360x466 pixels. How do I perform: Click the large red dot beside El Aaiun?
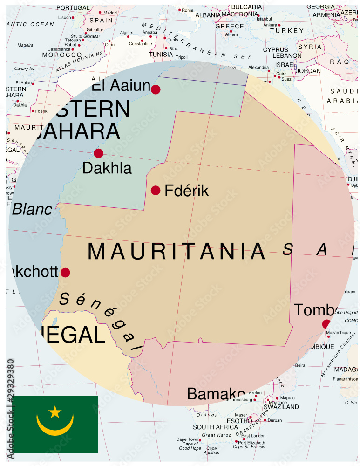click(x=156, y=89)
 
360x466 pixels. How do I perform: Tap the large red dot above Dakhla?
click(x=98, y=153)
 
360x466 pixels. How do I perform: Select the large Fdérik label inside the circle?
click(x=186, y=191)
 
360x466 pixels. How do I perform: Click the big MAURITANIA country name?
click(x=176, y=252)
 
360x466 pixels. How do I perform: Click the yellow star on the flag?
click(x=55, y=411)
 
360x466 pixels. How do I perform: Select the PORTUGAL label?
click(x=72, y=8)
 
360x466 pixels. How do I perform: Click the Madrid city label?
click(x=110, y=13)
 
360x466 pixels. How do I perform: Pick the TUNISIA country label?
click(x=161, y=55)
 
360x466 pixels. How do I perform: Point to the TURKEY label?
click(x=290, y=31)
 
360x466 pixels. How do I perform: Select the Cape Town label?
click(x=188, y=439)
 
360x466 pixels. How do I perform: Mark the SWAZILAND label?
click(x=281, y=407)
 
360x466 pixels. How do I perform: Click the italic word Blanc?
click(x=32, y=210)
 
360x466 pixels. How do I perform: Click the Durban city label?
click(x=275, y=420)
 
